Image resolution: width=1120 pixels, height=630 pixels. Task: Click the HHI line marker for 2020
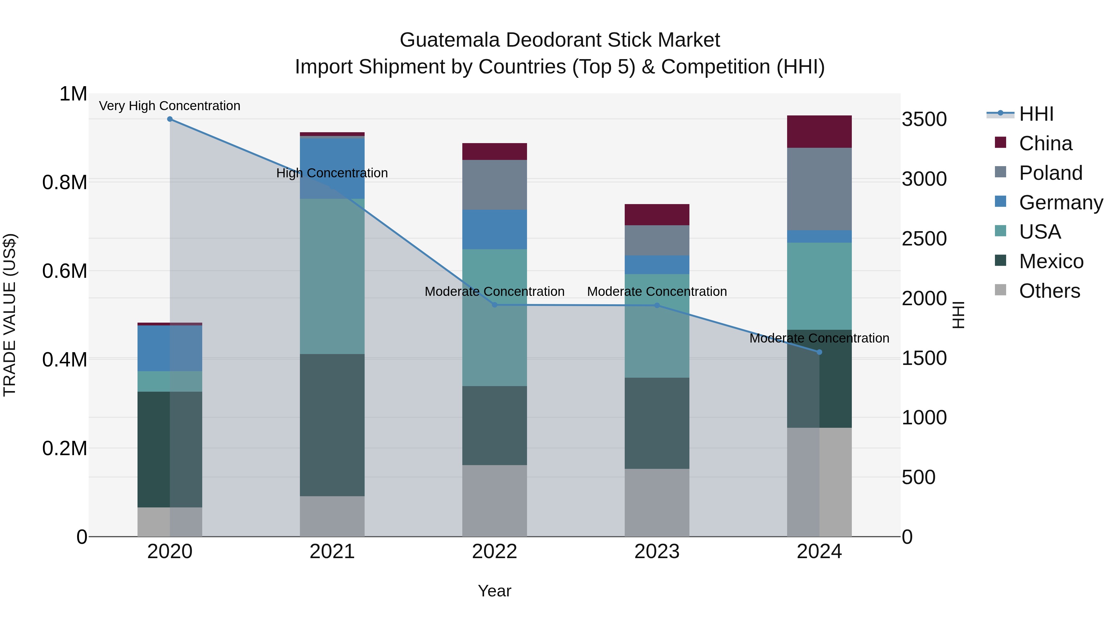[x=170, y=119]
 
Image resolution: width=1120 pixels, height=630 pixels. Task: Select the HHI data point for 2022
[x=494, y=305]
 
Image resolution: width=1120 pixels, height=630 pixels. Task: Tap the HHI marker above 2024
[x=819, y=352]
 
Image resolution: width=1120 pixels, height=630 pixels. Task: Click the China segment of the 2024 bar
[x=819, y=132]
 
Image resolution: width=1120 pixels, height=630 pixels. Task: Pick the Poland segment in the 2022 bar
[x=494, y=185]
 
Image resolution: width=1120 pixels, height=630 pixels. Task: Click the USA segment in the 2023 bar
[x=657, y=326]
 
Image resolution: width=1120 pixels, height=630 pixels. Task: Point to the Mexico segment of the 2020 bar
[x=170, y=449]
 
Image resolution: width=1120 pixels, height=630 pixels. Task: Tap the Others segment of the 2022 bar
[x=494, y=501]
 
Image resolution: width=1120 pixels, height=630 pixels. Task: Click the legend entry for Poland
[x=1050, y=173]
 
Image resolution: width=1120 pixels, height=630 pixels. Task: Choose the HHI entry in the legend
[x=1036, y=114]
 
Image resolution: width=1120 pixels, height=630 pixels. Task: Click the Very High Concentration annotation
[x=170, y=106]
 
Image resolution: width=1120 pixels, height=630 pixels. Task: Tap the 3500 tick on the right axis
[x=924, y=119]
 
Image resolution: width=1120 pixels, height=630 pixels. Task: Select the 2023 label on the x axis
[x=657, y=551]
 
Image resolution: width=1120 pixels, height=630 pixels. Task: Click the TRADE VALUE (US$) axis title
[x=10, y=315]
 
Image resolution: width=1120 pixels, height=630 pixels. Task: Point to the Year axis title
[x=494, y=591]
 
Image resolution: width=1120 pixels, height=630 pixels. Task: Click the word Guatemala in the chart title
[x=450, y=40]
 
